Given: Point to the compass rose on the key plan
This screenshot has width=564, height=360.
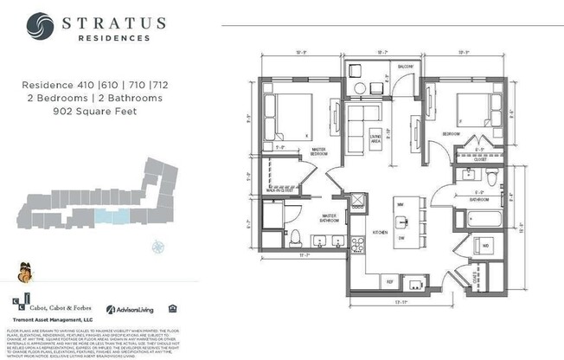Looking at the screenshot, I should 157,245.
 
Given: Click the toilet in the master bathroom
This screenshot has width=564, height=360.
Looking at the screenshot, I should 295,237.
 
